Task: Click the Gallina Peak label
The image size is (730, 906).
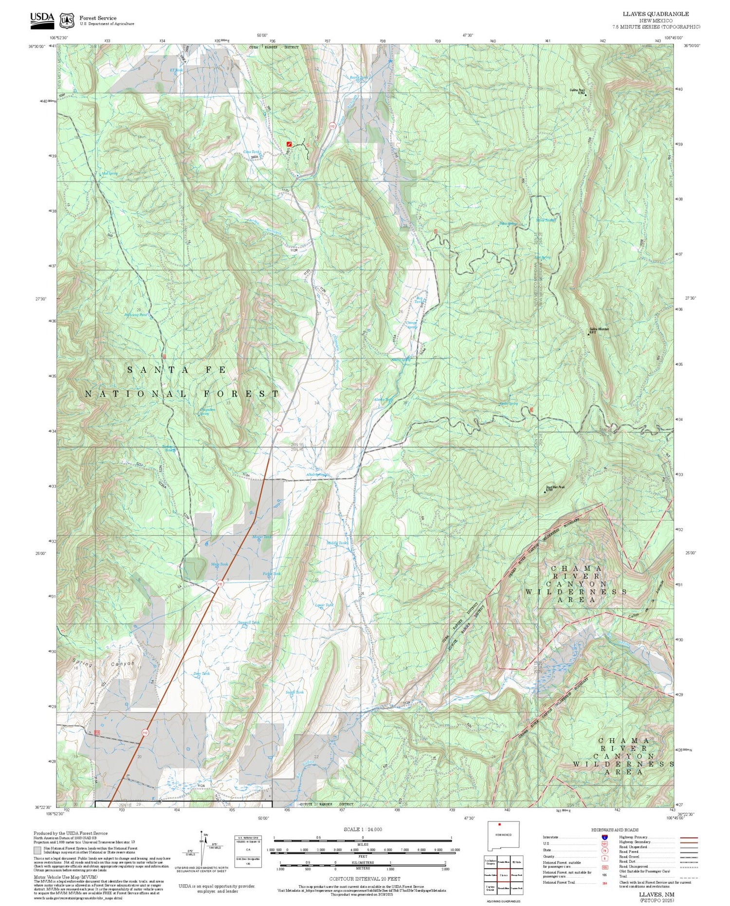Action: tap(578, 90)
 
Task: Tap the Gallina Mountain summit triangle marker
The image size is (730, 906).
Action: tap(588, 334)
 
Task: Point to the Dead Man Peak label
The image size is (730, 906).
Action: tap(555, 488)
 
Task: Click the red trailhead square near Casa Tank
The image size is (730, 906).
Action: tap(289, 144)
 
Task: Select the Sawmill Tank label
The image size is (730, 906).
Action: tap(249, 622)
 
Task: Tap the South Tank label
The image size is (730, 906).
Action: tap(294, 692)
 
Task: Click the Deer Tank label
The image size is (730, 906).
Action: tap(201, 673)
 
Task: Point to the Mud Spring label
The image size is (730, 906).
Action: tap(109, 173)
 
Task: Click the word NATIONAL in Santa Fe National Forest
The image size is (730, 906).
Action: tap(136, 394)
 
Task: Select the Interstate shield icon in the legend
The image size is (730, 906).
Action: tap(604, 837)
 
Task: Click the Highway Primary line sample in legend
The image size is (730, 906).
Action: tap(687, 837)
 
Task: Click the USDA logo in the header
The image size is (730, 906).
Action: tap(42, 18)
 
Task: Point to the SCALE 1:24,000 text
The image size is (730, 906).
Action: tap(363, 829)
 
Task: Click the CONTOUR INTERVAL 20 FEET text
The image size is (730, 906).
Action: tap(365, 879)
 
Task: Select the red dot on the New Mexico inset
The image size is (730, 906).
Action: tap(499, 824)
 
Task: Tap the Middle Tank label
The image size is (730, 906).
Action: tap(337, 543)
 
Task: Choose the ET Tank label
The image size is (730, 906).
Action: tap(176, 70)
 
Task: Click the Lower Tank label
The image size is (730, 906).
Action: tap(324, 605)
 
